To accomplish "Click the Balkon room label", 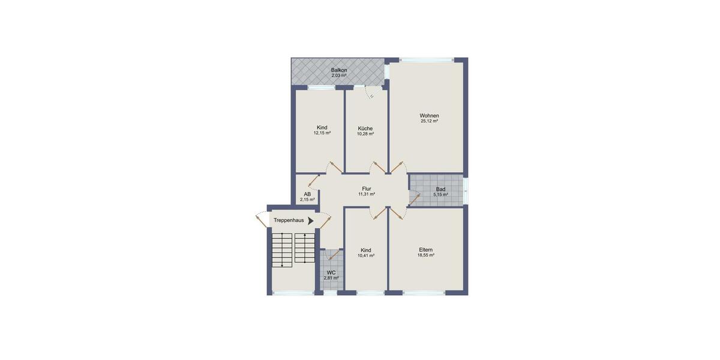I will (x=339, y=70).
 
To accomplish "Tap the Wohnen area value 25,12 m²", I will (x=429, y=121).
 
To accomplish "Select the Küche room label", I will (x=365, y=128).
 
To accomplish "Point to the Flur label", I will (x=367, y=188).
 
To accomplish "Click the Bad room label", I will (x=440, y=189).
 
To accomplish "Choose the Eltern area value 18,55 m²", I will (x=426, y=255).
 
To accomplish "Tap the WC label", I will (x=331, y=272).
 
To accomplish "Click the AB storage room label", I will (x=307, y=194).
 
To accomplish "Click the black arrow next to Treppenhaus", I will (x=310, y=221).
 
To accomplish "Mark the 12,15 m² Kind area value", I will (x=322, y=133).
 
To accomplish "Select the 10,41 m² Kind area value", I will (x=366, y=256).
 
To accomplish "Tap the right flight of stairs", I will (x=305, y=248).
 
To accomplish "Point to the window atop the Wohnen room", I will (x=427, y=59).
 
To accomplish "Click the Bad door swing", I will (x=414, y=196).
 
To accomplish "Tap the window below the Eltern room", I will (x=424, y=293).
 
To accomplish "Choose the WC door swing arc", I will (x=331, y=255).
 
